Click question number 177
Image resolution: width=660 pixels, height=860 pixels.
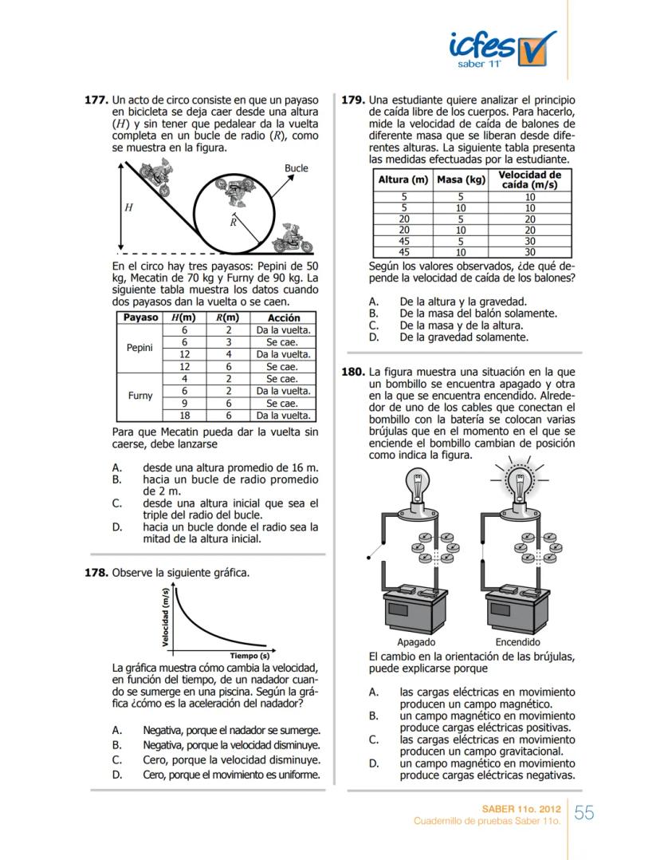click(x=96, y=101)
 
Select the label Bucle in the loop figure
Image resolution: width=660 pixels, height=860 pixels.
click(x=296, y=168)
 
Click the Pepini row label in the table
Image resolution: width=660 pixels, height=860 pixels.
click(x=139, y=348)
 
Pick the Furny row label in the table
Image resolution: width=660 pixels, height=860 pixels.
click(x=139, y=396)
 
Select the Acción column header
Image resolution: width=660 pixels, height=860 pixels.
click(x=283, y=318)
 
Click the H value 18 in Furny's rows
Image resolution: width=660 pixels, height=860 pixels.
click(x=184, y=415)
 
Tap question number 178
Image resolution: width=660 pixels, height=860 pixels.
click(x=96, y=573)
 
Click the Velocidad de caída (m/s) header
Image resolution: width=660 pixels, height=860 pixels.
click(x=529, y=179)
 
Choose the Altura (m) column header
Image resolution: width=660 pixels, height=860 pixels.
click(x=403, y=180)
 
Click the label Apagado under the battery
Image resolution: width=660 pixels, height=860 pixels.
click(x=415, y=642)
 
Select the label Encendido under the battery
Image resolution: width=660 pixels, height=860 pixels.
click(x=517, y=642)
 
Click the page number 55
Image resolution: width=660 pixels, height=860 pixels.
click(x=584, y=813)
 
